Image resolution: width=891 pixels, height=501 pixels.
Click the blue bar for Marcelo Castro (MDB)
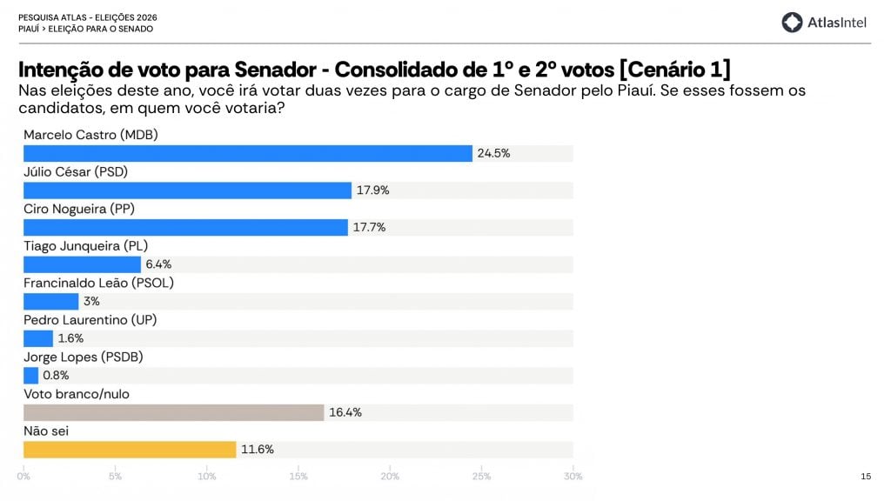pos(247,153)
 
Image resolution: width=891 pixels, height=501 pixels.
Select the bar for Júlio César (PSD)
pos(187,190)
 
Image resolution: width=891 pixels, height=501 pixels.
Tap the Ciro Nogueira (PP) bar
pos(185,227)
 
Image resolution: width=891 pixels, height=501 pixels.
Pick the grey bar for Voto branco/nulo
pos(173,412)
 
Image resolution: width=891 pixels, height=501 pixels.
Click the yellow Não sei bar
pos(130,450)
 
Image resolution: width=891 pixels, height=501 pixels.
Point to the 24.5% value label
pos(493,153)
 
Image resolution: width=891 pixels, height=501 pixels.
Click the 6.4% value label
pos(158,264)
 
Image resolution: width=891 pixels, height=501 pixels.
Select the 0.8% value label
pos(56,376)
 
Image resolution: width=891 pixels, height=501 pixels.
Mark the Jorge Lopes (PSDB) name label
pos(83,357)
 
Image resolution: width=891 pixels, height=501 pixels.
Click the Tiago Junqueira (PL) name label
pos(87,245)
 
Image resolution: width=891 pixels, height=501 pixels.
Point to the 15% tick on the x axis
pos(298,476)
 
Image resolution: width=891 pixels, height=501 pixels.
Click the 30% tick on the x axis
pos(573,476)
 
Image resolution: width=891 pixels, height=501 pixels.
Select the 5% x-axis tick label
pos(115,476)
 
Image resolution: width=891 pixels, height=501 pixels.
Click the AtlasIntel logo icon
pos(791,23)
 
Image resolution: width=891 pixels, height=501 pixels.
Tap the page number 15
pos(866,476)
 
